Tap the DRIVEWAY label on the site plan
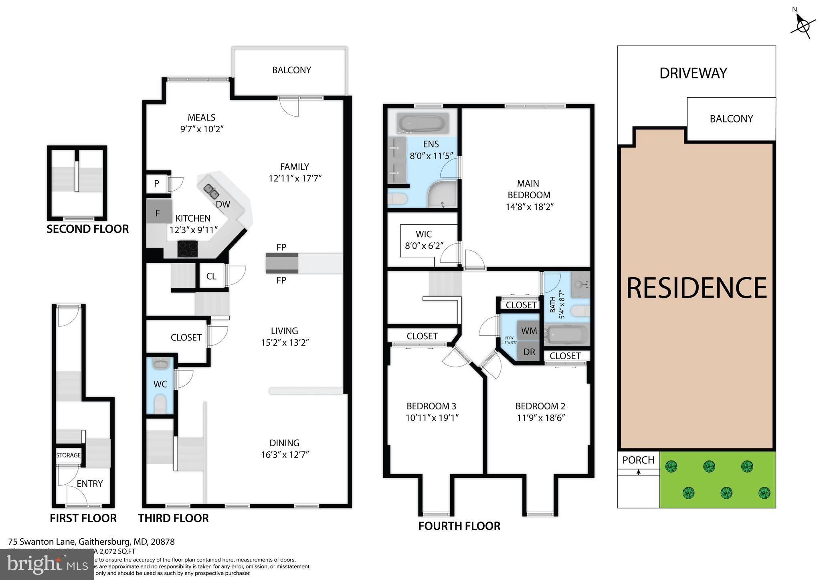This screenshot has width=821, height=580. click(693, 73)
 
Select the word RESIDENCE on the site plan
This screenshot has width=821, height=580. click(696, 288)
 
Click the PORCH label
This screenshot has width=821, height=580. click(638, 460)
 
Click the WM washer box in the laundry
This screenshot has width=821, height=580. click(529, 331)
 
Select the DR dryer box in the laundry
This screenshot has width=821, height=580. click(529, 352)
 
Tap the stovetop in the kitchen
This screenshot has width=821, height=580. click(188, 248)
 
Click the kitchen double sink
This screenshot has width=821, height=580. click(211, 191)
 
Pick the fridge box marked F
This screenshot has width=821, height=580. click(158, 213)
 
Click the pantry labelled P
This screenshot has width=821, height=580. click(157, 184)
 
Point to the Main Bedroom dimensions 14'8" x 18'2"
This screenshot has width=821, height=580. click(529, 207)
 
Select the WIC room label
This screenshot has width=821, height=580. click(423, 234)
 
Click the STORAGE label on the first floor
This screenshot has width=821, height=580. click(69, 455)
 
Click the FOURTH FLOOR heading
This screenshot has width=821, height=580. click(459, 526)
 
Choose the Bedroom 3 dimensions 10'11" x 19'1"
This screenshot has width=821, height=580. click(432, 418)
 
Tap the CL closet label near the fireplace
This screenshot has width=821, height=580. click(211, 276)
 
